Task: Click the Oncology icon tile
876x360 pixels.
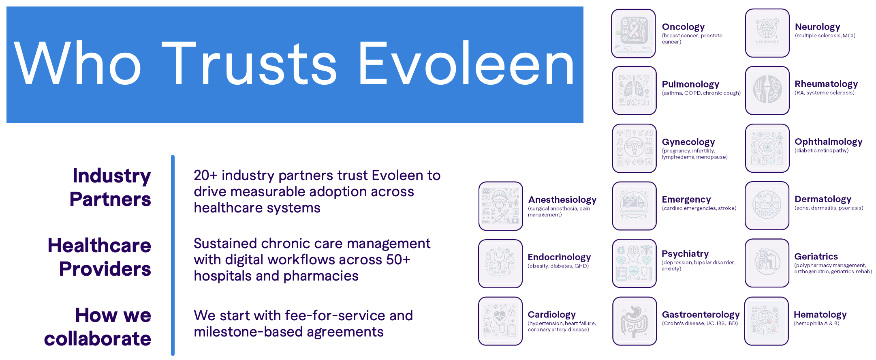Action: [633, 33]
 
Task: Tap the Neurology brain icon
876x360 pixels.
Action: [767, 33]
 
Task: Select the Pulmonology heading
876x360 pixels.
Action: [690, 84]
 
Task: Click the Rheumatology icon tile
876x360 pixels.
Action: [767, 90]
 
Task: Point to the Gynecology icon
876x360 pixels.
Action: [634, 148]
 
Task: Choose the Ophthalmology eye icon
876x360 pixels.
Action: [767, 148]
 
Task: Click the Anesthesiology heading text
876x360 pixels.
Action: [562, 199]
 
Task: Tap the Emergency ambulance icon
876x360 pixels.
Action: [634, 206]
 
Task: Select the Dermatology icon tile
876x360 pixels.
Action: [767, 206]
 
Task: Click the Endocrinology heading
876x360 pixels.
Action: [559, 257]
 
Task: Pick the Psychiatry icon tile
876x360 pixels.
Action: [634, 264]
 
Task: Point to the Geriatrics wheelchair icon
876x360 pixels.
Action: [767, 263]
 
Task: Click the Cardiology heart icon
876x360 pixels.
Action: [500, 321]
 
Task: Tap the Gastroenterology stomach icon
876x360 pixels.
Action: [634, 321]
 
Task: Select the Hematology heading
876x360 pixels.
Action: [820, 315]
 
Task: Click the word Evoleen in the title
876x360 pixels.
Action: [466, 64]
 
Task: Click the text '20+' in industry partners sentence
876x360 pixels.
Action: [205, 175]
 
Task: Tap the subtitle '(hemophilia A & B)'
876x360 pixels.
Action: [816, 324]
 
